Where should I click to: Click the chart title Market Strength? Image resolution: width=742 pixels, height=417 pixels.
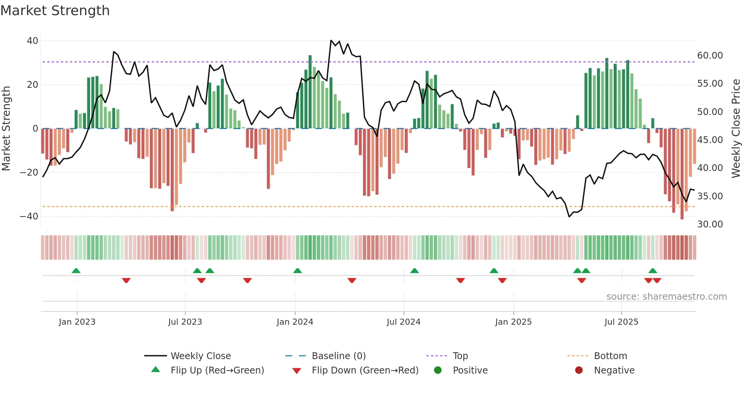(55, 11)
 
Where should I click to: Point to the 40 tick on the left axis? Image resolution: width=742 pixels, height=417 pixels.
(33, 41)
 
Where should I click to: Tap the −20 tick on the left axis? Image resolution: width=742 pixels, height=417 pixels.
(29, 173)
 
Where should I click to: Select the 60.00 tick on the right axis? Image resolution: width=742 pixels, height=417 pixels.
(710, 56)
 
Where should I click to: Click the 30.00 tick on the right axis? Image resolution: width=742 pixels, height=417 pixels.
(710, 224)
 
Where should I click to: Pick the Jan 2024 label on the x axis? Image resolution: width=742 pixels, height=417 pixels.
(295, 322)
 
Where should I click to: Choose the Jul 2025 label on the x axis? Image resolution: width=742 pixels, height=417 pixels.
(621, 322)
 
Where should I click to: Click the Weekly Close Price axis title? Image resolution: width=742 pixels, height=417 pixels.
(736, 129)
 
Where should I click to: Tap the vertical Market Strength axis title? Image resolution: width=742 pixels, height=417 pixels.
(6, 129)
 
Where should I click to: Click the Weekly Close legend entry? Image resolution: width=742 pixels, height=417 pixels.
(200, 356)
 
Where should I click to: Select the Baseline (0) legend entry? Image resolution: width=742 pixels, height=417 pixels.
(338, 356)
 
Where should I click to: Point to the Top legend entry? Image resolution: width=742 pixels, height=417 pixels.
(460, 356)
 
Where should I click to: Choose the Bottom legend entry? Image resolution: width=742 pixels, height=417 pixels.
(610, 356)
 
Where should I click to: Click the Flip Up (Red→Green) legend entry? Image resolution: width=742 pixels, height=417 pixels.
(217, 370)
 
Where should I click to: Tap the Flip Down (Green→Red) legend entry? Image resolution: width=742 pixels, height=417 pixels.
(365, 370)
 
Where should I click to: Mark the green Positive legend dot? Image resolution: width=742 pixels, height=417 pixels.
(438, 370)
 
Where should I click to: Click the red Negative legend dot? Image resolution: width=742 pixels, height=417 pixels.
(579, 370)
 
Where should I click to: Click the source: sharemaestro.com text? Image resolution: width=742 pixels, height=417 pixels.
(666, 297)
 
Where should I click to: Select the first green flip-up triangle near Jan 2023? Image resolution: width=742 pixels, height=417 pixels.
(76, 271)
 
